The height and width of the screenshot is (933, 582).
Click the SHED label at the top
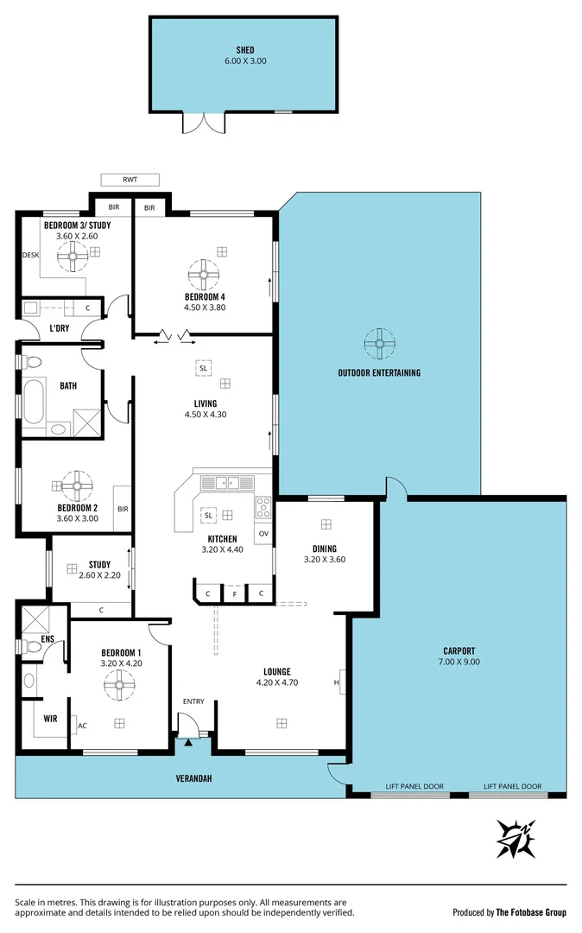coord(244,51)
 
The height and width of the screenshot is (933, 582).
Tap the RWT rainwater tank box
coord(130,180)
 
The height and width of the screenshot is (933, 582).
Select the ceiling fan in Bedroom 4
coord(205,276)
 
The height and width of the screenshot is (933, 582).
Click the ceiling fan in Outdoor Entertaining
coord(379,343)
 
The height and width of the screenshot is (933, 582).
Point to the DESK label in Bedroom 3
coord(31,255)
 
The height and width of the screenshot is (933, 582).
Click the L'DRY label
coord(59,328)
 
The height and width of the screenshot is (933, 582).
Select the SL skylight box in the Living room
coord(204,368)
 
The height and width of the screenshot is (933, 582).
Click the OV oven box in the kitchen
coord(263,533)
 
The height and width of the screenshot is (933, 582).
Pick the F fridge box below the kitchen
coord(234,594)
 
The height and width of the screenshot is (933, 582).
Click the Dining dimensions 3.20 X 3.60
coord(325,560)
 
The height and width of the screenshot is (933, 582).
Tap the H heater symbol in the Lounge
coord(338,682)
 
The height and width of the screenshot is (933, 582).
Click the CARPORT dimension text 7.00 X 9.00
coord(458,662)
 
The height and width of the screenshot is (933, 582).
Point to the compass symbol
coord(517,837)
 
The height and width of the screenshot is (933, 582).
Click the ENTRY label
coord(193,701)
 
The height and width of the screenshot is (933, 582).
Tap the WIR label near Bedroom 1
coord(50,718)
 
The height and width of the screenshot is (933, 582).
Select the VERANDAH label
coord(195,778)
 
